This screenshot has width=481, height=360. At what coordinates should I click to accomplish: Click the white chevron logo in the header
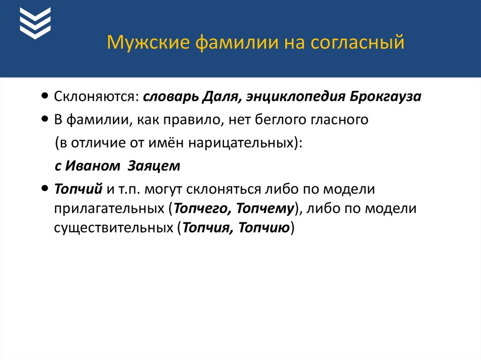35,23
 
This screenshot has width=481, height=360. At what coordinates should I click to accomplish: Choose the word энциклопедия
296,97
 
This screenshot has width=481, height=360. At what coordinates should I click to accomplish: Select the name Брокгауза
385,97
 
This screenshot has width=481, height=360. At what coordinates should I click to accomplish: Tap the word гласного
339,120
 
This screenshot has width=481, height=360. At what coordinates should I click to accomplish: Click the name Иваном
93,166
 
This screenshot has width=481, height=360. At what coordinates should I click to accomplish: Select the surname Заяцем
154,166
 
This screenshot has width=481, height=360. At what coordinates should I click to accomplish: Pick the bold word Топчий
78,189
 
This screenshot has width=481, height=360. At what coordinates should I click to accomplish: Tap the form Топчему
265,208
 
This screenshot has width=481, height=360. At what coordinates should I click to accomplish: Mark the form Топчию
264,228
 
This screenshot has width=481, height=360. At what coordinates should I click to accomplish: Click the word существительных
114,228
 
